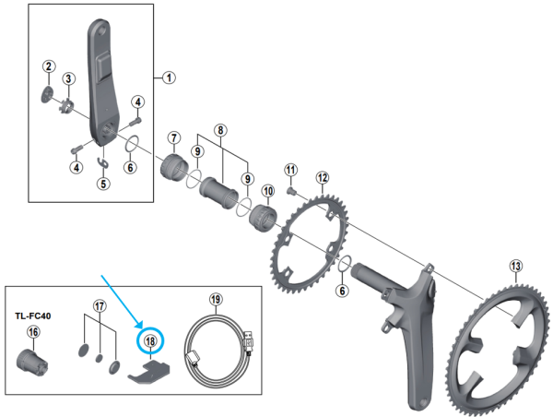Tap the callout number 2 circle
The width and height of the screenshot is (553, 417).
[48, 65]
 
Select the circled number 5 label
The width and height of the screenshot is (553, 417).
[103, 183]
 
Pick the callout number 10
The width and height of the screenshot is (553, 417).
[269, 191]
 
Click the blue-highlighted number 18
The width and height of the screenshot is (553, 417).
[149, 340]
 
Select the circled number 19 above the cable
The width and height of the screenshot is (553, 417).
[216, 300]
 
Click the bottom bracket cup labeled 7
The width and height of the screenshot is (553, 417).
[175, 171]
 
